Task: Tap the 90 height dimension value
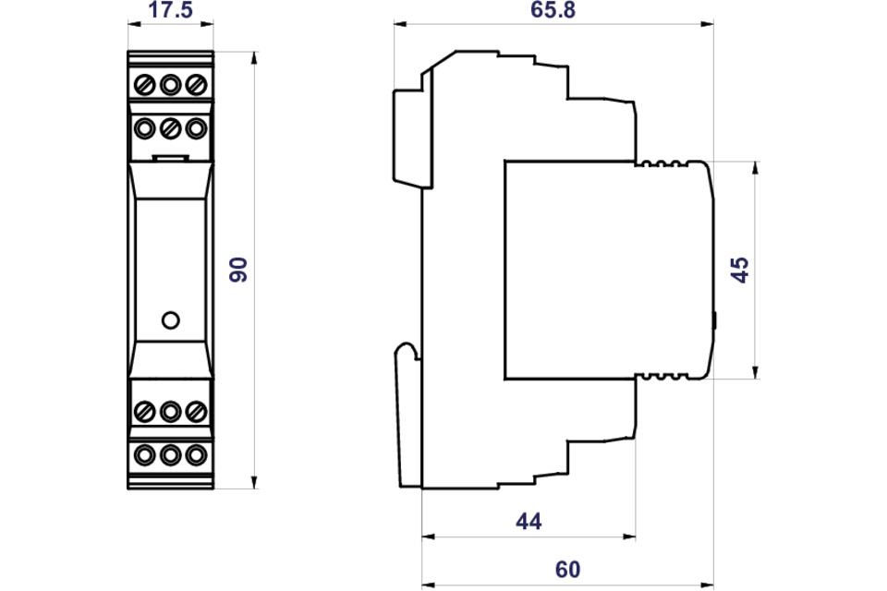point(238,270)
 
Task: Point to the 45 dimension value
point(740,270)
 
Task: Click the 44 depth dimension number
point(528,522)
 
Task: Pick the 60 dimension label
point(567,571)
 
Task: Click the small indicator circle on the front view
point(169,320)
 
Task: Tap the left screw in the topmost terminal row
point(145,85)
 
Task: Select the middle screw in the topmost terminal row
point(169,85)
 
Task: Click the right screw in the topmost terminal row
point(194,85)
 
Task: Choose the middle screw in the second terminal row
point(169,127)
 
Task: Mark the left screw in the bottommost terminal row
point(145,454)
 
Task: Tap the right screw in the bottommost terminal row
point(194,454)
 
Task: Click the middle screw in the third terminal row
point(169,409)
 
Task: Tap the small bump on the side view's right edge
point(715,320)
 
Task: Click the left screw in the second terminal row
point(145,127)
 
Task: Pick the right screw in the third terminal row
point(194,409)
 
